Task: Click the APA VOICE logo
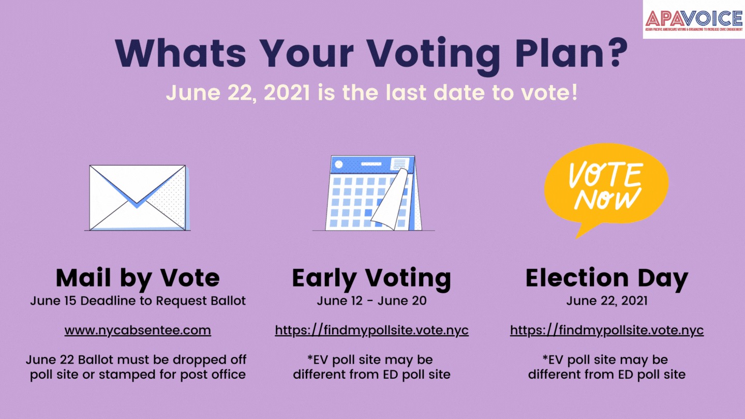[x=694, y=20]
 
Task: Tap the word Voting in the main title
[x=435, y=55]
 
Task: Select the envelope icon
[x=138, y=198]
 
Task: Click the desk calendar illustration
[x=374, y=193]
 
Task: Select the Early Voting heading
[x=371, y=279]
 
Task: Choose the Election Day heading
[x=607, y=279]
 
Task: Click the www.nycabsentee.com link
[x=138, y=331]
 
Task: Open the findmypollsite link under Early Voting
[x=371, y=331]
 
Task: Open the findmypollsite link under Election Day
[x=607, y=331]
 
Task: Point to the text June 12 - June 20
[x=371, y=301]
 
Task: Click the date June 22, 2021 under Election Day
[x=607, y=301]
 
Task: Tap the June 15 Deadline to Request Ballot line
[x=138, y=301]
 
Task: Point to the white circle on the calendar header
[x=338, y=164]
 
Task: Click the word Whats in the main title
[x=181, y=53]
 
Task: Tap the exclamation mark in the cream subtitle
[x=574, y=93]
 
